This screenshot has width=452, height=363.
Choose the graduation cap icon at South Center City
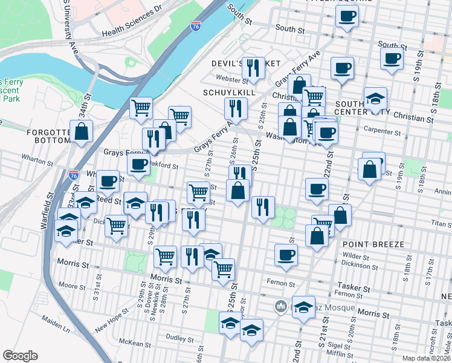pos(375,99)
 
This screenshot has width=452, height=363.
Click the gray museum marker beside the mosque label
pos(279,307)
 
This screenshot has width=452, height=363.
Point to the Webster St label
pos(233,79)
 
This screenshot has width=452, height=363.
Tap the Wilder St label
pos(356,256)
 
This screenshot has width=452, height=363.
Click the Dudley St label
pos(179,338)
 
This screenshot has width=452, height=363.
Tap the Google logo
pos(20,356)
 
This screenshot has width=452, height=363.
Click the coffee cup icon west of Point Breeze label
pos(286,253)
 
